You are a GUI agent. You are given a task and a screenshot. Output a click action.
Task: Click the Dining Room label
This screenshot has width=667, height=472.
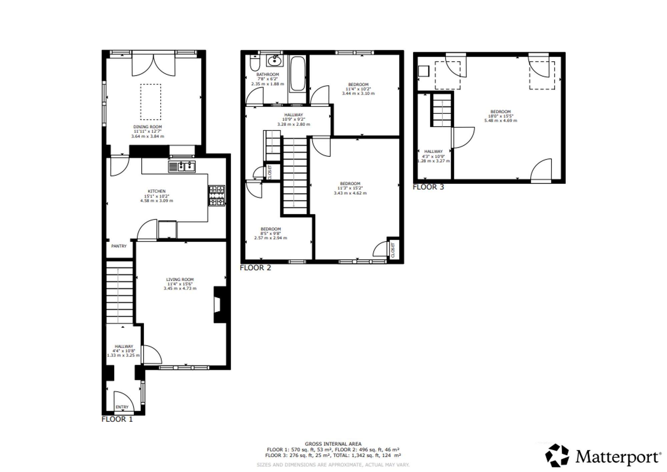point(147,127)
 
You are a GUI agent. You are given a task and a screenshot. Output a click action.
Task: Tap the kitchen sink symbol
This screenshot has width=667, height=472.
point(182,167)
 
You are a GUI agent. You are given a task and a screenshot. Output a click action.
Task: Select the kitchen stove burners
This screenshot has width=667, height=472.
point(217,196)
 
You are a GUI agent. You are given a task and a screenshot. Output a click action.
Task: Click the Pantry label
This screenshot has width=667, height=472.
point(119,246)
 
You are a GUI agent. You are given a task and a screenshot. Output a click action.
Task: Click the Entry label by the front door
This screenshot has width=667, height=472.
point(122,407)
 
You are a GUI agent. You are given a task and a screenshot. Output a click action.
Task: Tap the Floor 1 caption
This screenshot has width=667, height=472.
point(117,419)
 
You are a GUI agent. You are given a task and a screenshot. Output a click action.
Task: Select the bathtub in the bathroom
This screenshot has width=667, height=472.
point(297,74)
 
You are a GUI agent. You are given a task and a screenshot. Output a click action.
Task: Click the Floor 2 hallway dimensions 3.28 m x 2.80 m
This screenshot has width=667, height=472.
point(294,124)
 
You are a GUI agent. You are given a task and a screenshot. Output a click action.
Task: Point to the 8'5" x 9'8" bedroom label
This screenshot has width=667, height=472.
point(270,233)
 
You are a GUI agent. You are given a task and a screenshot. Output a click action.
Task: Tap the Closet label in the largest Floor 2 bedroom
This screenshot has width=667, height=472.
point(393,250)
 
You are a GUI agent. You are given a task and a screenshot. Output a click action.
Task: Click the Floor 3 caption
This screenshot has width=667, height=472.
point(429,187)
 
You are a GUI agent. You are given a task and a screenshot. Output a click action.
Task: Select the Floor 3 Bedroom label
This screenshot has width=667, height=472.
point(501,111)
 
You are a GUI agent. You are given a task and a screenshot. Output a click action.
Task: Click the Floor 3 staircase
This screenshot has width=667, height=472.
point(442,110)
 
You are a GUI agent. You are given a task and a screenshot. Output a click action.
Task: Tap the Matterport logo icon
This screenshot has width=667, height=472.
point(557,455)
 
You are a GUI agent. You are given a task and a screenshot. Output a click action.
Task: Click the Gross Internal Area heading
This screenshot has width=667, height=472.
point(333,444)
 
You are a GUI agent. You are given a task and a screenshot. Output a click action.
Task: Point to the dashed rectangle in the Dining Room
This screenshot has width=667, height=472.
point(151,102)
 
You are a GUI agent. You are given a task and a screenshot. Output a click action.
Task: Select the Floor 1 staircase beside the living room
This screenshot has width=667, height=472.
point(119,292)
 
